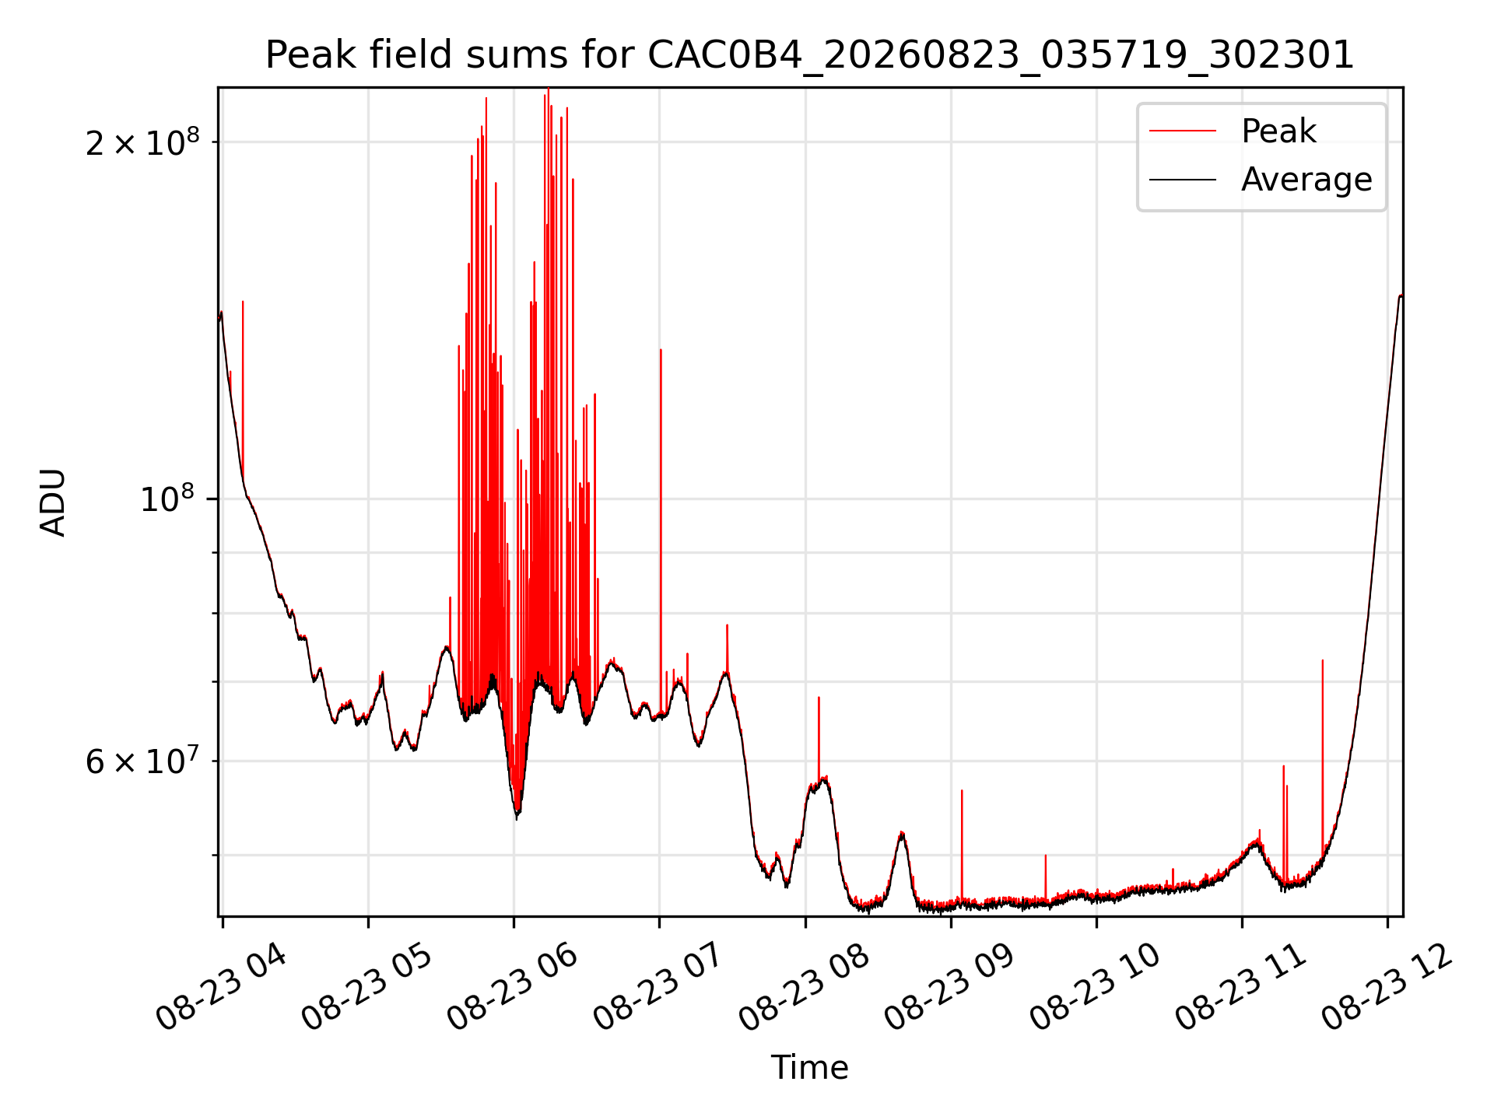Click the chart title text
(810, 55)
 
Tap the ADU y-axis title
(53, 502)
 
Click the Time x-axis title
(809, 1067)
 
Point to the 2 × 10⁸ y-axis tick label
(142, 142)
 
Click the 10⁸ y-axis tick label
(170, 499)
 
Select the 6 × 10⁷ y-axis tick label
(142, 761)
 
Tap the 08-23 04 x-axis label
(222, 987)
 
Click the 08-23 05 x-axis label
(367, 987)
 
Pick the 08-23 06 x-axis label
(513, 987)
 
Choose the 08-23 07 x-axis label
(659, 987)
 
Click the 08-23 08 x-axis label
(805, 987)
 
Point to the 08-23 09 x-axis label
(950, 987)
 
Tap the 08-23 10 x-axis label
(1096, 987)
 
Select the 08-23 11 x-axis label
(1241, 987)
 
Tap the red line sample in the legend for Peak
(1183, 131)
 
